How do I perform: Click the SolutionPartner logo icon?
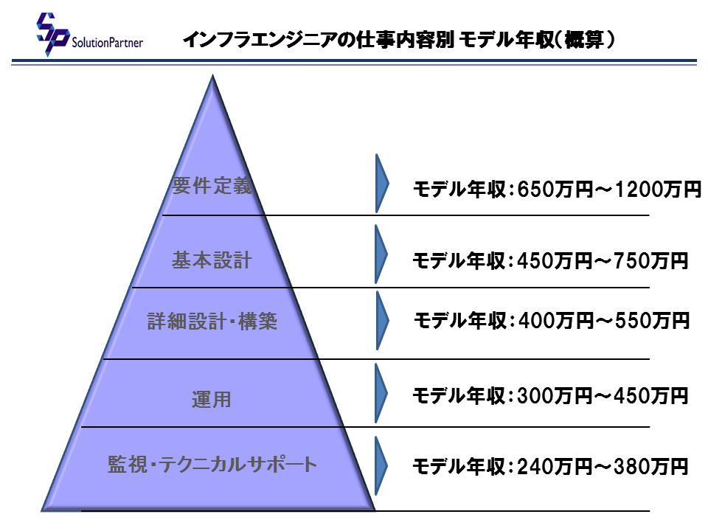coord(52,34)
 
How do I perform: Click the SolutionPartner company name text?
coord(108,43)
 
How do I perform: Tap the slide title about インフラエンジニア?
coord(399,40)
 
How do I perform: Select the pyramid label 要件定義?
coord(212,186)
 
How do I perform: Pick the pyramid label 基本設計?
coord(212,260)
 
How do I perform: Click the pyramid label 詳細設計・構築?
coord(212,321)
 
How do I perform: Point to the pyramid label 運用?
coord(212,400)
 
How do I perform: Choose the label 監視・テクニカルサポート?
coord(212,464)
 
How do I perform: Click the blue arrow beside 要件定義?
coord(381,184)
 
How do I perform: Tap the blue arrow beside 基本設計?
coord(381,254)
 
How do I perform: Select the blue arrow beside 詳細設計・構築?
coord(382,320)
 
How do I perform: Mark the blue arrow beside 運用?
coord(381,393)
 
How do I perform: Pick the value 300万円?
coord(555,396)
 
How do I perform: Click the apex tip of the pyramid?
coord(212,75)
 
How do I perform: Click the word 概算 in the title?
coord(584,40)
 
